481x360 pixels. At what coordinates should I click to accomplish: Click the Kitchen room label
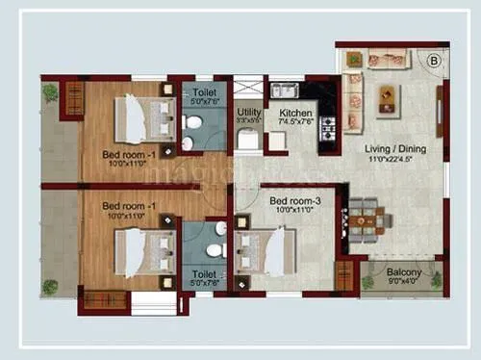pyautogui.click(x=295, y=113)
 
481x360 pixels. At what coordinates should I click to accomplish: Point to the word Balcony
pyautogui.click(x=404, y=273)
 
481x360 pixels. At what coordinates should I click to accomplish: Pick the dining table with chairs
pyautogui.click(x=367, y=219)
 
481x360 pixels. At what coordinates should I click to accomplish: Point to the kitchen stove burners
pyautogui.click(x=325, y=125)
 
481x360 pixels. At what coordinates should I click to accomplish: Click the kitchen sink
pyautogui.click(x=284, y=90)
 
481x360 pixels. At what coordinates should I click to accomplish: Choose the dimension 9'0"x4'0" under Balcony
pyautogui.click(x=404, y=283)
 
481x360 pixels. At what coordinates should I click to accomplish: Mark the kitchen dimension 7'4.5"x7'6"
pyautogui.click(x=296, y=122)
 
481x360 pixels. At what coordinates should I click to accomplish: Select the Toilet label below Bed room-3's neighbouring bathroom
pyautogui.click(x=203, y=274)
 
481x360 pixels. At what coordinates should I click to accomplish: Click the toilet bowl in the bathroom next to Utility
pyautogui.click(x=193, y=123)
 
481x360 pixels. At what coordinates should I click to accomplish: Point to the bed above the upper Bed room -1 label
pyautogui.click(x=137, y=118)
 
